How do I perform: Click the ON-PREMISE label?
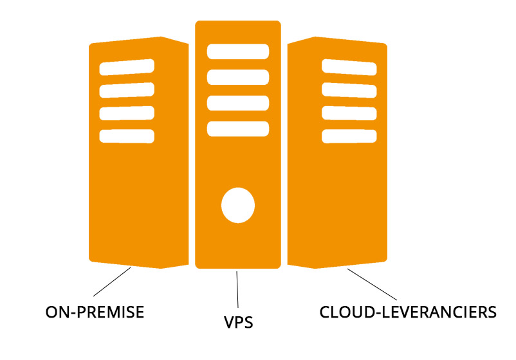[x=95, y=312]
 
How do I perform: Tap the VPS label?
[x=239, y=322]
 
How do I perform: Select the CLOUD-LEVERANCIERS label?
[x=408, y=312]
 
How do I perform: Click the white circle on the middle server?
[x=238, y=205]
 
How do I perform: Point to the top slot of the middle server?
[x=238, y=51]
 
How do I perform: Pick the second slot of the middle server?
[x=238, y=77]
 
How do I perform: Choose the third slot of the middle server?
[x=238, y=103]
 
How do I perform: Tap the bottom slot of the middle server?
[x=238, y=129]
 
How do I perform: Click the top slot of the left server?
[x=127, y=67]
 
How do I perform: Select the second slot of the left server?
[x=127, y=90]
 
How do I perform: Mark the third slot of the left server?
[x=127, y=113]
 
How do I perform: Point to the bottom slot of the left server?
[x=127, y=136]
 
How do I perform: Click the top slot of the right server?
[x=349, y=67]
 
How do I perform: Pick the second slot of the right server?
[x=349, y=90]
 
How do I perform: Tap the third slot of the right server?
[x=349, y=113]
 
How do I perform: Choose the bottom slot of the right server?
[x=349, y=136]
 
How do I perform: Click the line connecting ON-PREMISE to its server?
[x=112, y=282]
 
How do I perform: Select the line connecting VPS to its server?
[x=237, y=289]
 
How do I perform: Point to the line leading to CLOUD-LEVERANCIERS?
[x=372, y=284]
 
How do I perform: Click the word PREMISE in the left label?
[x=111, y=312]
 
